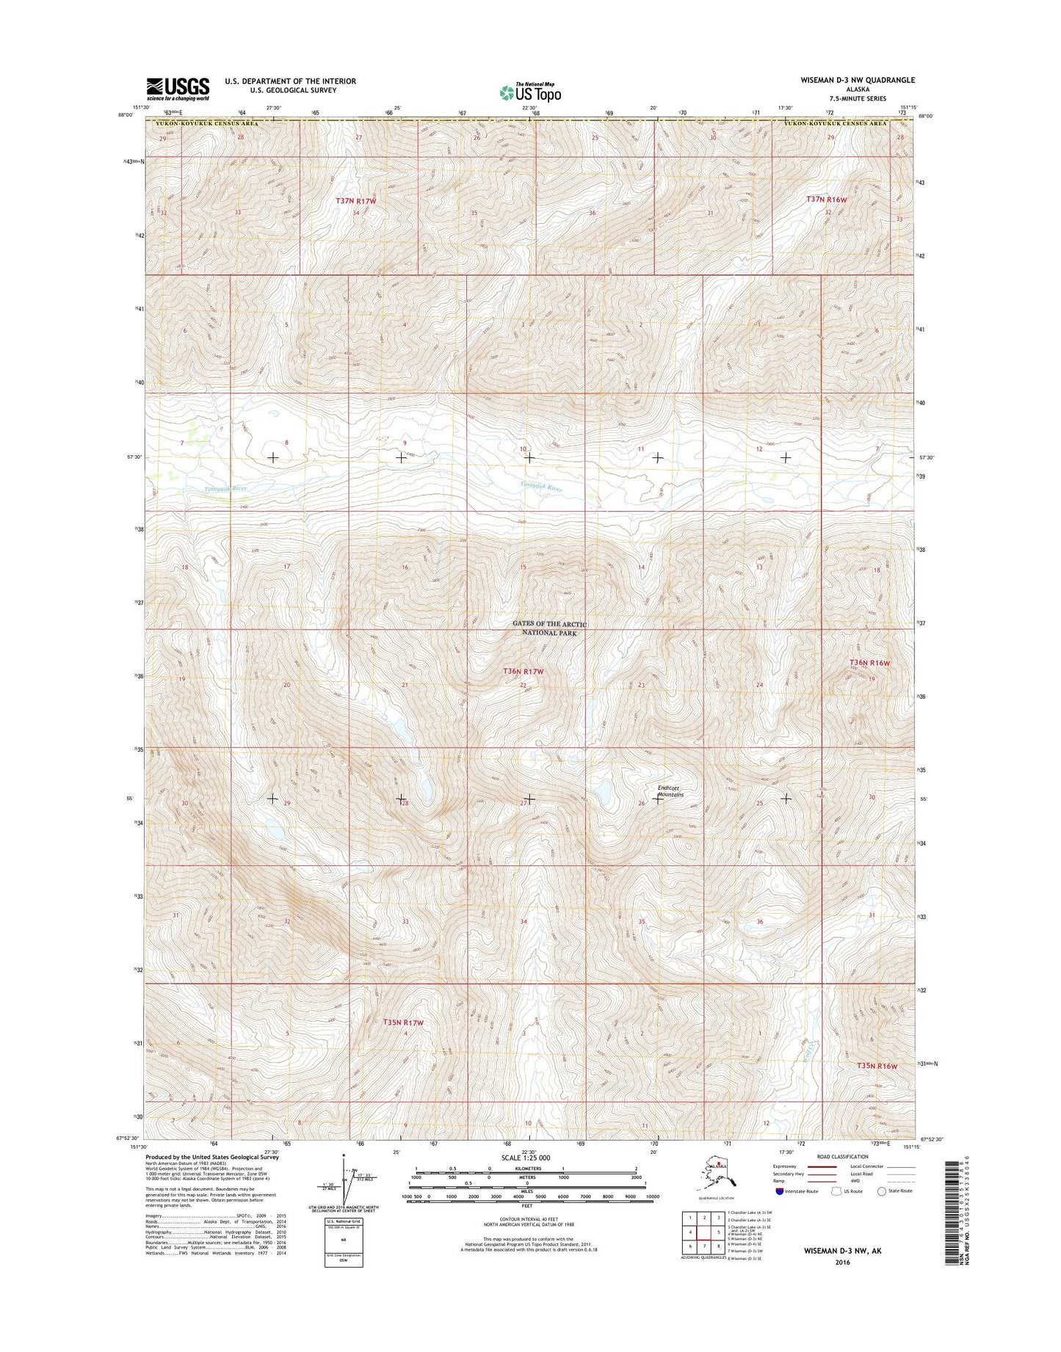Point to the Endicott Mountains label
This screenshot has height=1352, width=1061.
click(x=670, y=791)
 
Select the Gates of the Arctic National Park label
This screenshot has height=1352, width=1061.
click(x=551, y=628)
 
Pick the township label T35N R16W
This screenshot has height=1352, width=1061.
click(x=877, y=1065)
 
